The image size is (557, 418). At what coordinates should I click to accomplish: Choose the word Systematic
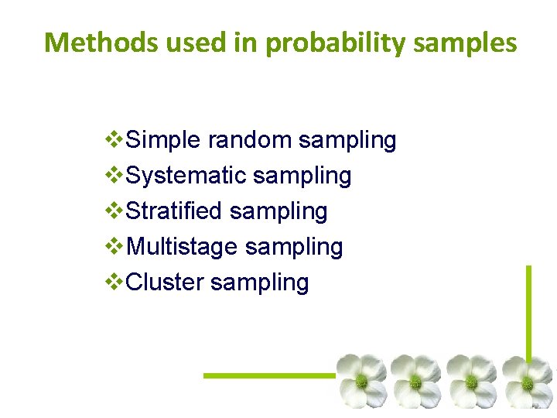[186, 176]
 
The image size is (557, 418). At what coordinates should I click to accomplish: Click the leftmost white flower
[361, 381]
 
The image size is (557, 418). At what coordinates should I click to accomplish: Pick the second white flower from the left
[416, 381]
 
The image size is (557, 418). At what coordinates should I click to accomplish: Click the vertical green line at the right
[529, 310]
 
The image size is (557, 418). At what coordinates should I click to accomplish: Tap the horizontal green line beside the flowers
[269, 375]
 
